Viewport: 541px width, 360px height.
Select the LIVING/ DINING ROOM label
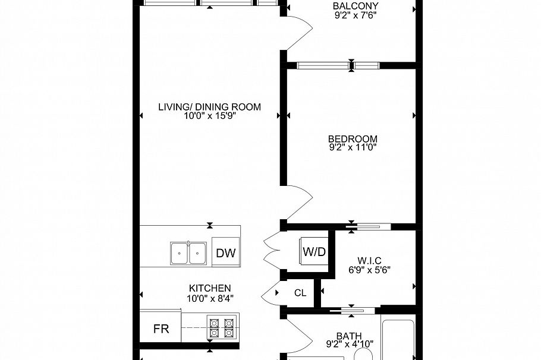[x=209, y=107]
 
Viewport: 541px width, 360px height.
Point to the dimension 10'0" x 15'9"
[x=210, y=116]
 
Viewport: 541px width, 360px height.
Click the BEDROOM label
[x=353, y=139]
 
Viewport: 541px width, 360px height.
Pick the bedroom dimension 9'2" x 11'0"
[x=353, y=148]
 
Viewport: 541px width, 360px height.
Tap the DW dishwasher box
[x=225, y=253]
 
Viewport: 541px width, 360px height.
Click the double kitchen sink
[x=188, y=253]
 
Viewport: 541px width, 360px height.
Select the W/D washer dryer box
[x=314, y=251]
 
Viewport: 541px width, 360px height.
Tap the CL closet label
[x=300, y=293]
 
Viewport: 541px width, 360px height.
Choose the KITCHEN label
[x=210, y=288]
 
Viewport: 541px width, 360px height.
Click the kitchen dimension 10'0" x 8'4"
[x=210, y=298]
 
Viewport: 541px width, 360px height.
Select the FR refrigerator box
[x=161, y=329]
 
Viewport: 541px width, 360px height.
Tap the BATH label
[x=345, y=334]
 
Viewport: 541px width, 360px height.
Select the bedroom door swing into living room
[x=299, y=204]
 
